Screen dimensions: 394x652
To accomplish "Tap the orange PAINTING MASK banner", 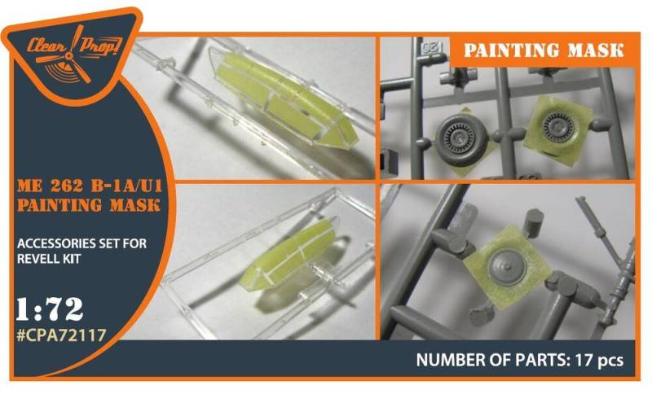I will (x=542, y=50).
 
